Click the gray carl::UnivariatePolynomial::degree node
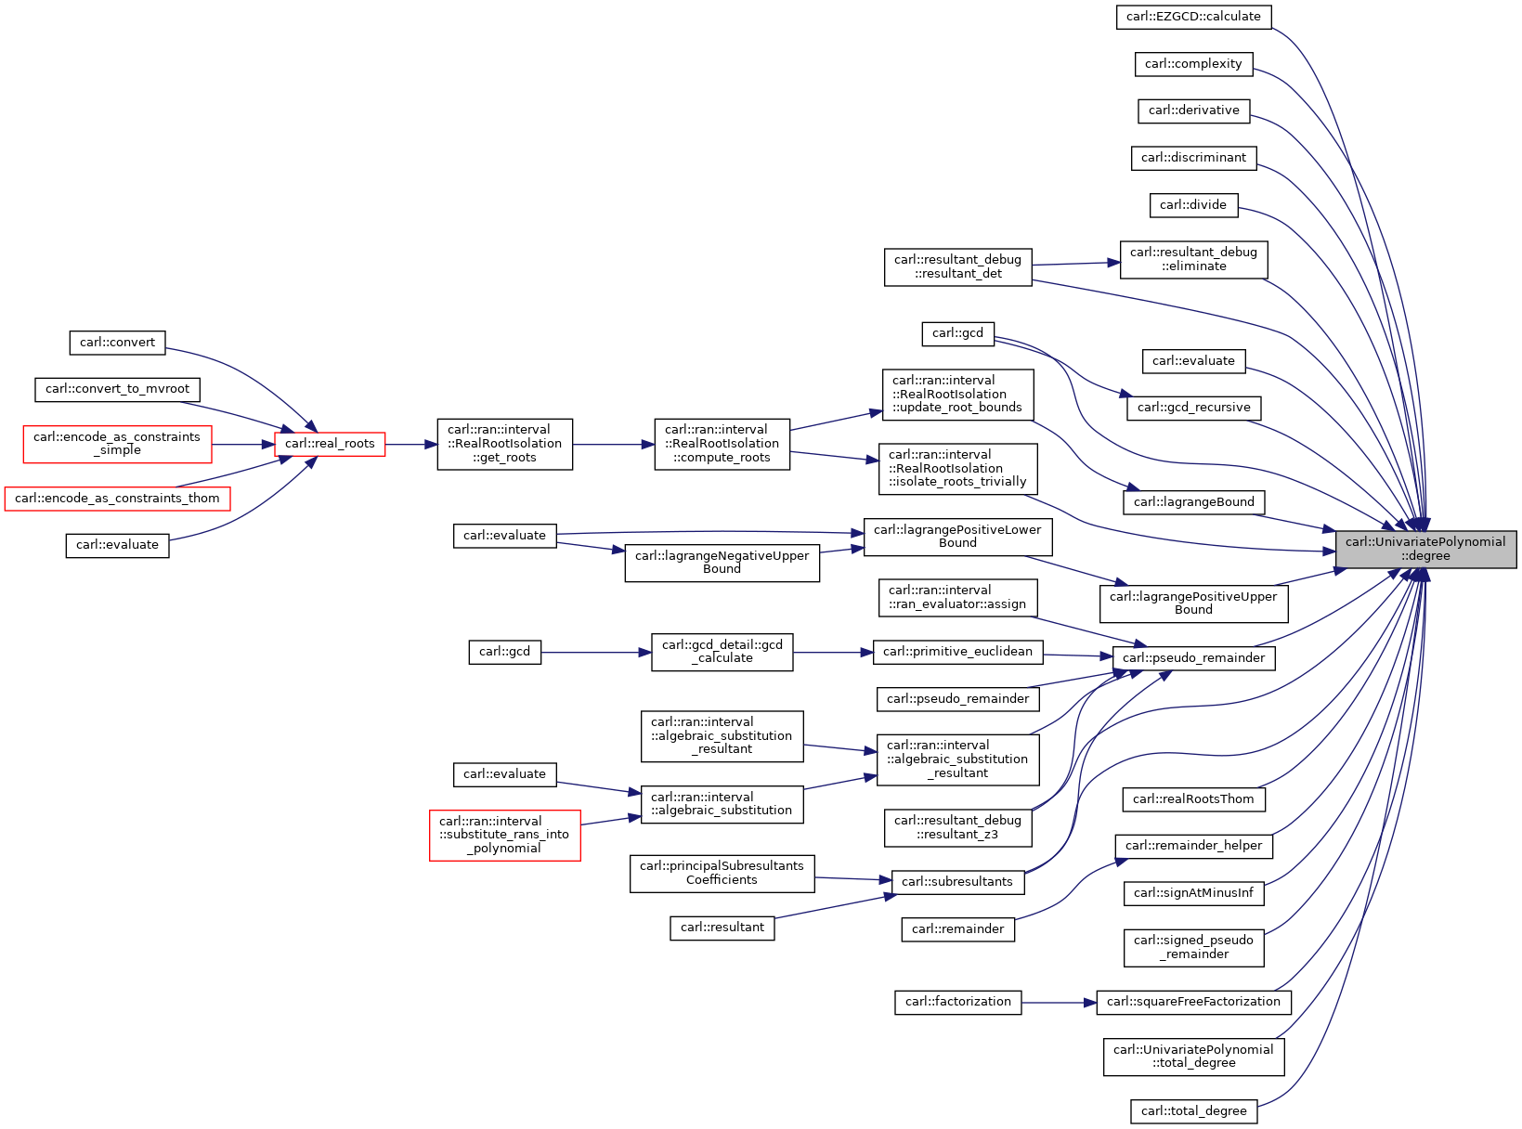[x=1425, y=549]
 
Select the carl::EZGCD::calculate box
[x=1193, y=17]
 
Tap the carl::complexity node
[x=1193, y=64]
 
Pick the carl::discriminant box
[x=1193, y=159]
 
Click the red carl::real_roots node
[x=330, y=445]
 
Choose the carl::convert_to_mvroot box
[x=117, y=390]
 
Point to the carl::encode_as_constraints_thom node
[x=117, y=499]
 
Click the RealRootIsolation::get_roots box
[x=504, y=445]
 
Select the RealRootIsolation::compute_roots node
[x=722, y=445]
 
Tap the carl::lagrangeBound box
[x=1193, y=503]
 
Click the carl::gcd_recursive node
[x=1193, y=409]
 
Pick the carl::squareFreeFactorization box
[x=1193, y=1003]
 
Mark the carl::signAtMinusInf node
[x=1193, y=893]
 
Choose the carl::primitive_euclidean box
[x=958, y=653]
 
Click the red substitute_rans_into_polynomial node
[x=504, y=836]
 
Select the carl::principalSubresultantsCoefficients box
[x=722, y=875]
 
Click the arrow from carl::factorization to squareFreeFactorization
[x=1059, y=1003]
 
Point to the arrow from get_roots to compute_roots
[x=614, y=445]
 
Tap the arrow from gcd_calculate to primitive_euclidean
[x=833, y=653]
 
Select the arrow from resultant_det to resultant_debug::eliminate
[x=1076, y=264]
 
